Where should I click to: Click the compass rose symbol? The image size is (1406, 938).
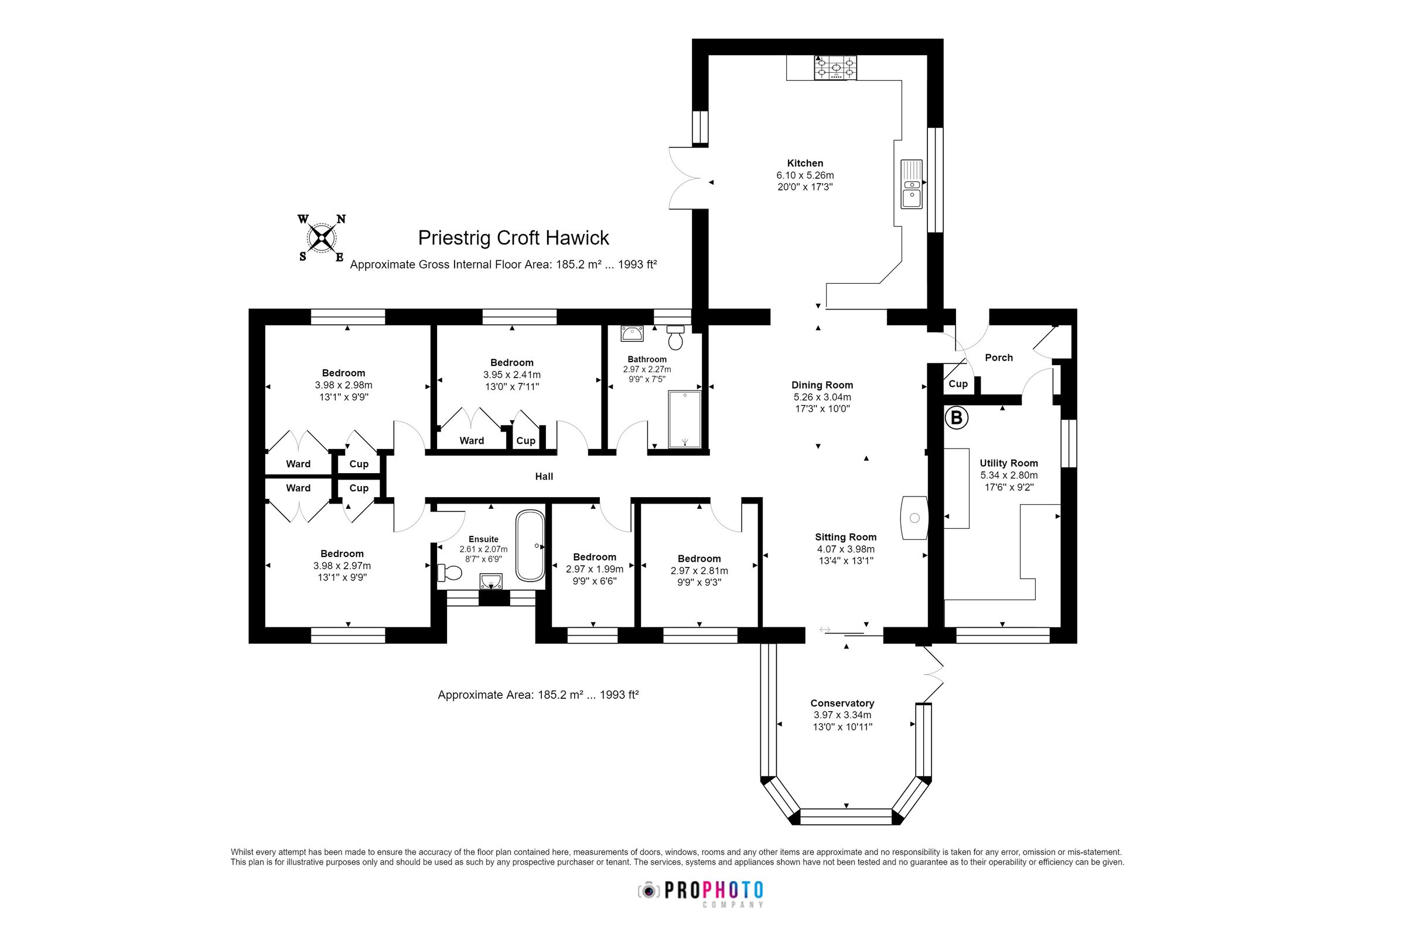pos(323,239)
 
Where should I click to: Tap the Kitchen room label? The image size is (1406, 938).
pos(804,164)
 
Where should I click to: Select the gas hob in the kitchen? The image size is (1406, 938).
pos(834,67)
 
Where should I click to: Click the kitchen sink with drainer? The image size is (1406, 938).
pos(912,184)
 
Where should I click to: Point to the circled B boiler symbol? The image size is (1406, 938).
pos(956,417)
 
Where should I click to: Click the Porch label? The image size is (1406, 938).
pos(998,358)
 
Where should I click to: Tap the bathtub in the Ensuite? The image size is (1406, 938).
pos(530,546)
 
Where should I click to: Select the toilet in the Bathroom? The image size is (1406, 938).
pos(675,339)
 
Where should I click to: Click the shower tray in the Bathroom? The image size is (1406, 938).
pos(684,419)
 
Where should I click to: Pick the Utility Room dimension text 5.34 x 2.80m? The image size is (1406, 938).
pos(1008,475)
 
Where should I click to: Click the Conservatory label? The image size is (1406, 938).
pos(842,704)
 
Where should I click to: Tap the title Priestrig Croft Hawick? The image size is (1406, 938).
pos(513,238)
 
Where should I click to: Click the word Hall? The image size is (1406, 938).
pos(544,477)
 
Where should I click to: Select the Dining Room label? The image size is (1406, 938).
pos(822,385)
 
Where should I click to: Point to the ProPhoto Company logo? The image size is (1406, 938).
pos(701,892)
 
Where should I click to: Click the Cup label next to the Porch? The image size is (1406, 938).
pos(958,384)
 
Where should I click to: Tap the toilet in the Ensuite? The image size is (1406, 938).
pos(449,573)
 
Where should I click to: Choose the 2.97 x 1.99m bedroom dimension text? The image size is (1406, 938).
pos(594,569)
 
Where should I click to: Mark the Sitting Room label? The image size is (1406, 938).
pos(845,537)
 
